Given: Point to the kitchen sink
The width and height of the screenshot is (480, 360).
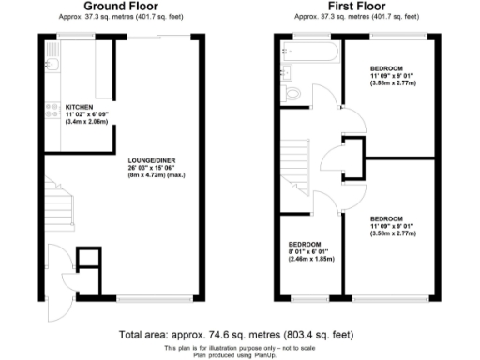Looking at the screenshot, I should [52, 65].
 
